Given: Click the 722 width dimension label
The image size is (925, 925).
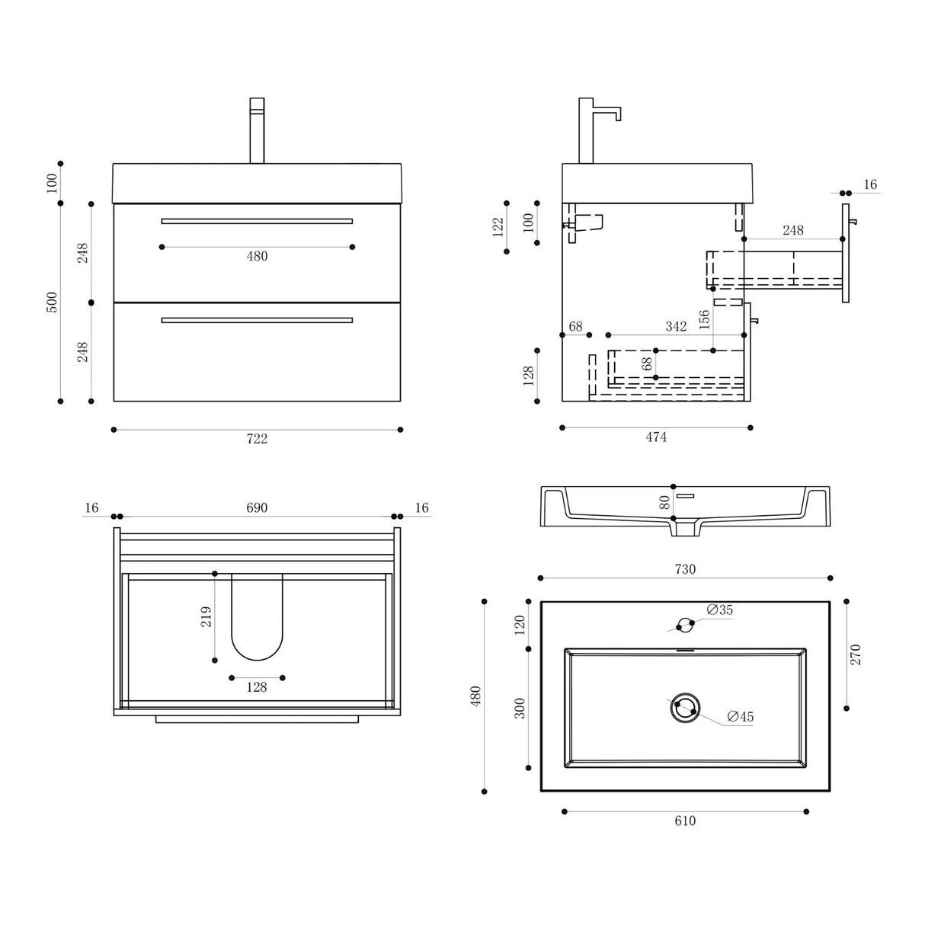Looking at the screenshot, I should tap(257, 439).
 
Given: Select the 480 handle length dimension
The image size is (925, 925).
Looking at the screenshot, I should tap(257, 257).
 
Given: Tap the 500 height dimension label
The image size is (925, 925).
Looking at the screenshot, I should tap(52, 302).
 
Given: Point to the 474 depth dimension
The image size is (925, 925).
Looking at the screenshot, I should tap(656, 437).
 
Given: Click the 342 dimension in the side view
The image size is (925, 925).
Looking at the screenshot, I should tap(676, 327).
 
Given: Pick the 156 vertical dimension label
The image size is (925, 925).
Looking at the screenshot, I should tap(705, 318).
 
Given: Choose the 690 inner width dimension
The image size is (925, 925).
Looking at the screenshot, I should tap(257, 508).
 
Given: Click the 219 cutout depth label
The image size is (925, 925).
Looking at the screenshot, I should tap(206, 616).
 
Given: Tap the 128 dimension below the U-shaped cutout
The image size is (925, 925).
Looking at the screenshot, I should tap(257, 687).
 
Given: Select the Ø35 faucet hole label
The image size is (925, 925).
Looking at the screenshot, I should tap(719, 610).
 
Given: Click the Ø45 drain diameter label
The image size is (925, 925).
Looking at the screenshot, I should tap(740, 716).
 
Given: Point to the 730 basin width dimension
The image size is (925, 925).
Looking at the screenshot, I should tap(685, 569).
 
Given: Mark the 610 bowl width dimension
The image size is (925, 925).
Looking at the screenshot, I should tap(685, 821).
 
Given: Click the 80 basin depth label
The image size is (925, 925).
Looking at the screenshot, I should tap(664, 503).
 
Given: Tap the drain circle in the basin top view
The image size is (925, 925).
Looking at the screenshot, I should tap(685, 707).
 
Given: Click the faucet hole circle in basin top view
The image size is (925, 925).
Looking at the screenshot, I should tap(685, 624).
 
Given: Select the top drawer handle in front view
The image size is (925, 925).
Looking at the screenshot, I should tap(257, 221).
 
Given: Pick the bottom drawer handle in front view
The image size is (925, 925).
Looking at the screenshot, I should tap(257, 320).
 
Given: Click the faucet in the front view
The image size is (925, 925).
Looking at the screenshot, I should tap(257, 130).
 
